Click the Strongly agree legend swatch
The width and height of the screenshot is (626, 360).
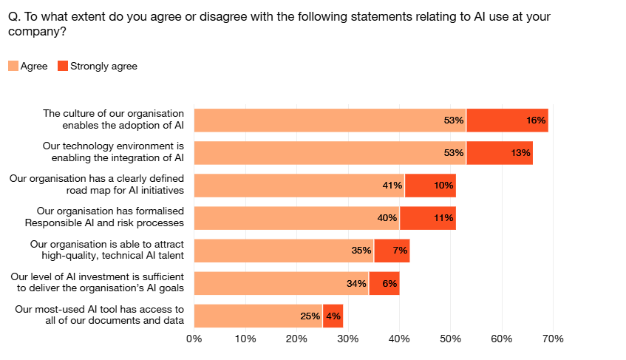click(x=63, y=67)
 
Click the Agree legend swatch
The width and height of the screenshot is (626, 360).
click(x=13, y=67)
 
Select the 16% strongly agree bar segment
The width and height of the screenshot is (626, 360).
click(x=507, y=120)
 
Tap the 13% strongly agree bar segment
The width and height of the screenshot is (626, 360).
click(x=500, y=153)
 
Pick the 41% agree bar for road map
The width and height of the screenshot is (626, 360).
click(x=299, y=186)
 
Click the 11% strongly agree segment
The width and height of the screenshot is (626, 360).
click(x=428, y=218)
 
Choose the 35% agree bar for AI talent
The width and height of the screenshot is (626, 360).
click(x=284, y=251)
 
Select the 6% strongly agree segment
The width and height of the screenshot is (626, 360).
click(x=384, y=283)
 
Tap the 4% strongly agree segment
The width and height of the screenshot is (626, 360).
click(x=333, y=316)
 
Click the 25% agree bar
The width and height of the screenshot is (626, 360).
click(x=258, y=316)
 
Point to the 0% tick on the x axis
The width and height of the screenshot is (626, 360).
click(x=194, y=339)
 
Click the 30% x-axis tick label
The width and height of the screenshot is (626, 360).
click(x=347, y=339)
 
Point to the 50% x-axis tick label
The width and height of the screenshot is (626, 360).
click(x=450, y=339)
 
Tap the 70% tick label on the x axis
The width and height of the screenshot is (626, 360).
click(x=553, y=339)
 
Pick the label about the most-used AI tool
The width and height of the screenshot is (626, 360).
click(x=99, y=315)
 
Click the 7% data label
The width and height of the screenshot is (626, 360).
click(x=400, y=251)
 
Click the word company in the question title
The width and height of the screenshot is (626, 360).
click(x=31, y=31)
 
